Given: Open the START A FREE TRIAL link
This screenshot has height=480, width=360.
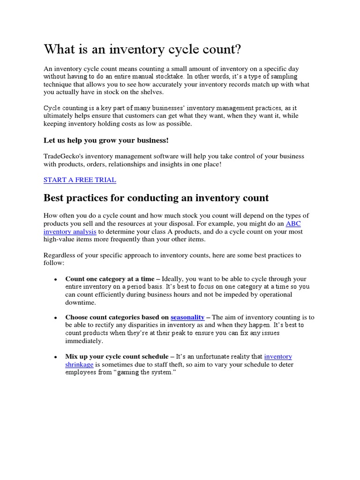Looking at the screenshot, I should [x=80, y=180].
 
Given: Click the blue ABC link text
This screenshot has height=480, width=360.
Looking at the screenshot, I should [x=293, y=224].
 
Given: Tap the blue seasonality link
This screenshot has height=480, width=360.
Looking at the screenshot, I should [x=187, y=317].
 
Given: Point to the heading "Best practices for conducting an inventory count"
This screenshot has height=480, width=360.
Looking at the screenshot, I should [x=156, y=198].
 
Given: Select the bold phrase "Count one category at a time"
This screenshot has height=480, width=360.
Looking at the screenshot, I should [x=110, y=278].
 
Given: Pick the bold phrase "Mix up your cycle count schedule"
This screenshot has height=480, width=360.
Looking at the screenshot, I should [x=117, y=357].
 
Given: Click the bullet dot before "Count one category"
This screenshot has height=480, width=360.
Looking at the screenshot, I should [x=55, y=279].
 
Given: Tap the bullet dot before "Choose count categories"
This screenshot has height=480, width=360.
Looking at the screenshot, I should [x=55, y=318].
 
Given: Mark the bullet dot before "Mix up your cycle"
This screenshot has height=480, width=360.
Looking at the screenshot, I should [x=55, y=357].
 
